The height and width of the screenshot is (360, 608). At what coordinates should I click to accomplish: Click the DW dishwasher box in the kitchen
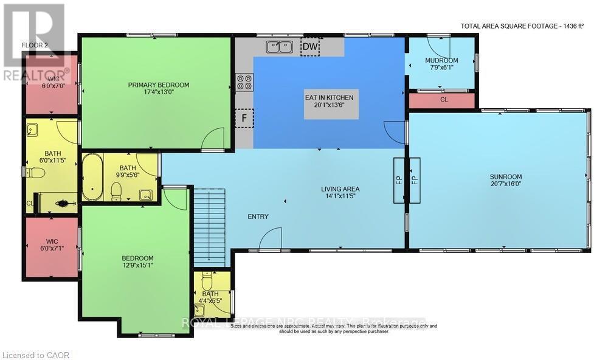pos(310,47)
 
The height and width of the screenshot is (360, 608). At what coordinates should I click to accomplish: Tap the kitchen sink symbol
pos(279,46)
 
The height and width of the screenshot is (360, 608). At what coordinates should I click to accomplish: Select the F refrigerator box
pos(244,118)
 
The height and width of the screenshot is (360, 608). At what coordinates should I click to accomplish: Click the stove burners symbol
pos(244,82)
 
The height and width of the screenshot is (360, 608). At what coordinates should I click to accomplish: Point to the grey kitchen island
pos(329,103)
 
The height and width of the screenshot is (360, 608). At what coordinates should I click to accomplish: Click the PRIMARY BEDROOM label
pos(159,85)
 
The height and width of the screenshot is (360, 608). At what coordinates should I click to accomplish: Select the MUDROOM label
pos(441,61)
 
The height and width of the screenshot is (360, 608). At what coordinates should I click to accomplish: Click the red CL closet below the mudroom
pos(443,100)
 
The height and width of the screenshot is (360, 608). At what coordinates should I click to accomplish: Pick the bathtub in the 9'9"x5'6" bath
pos(93,177)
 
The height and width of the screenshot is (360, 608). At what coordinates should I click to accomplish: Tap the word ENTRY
pos(258,216)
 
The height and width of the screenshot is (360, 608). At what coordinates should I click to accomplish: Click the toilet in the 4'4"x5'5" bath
pos(207,283)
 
